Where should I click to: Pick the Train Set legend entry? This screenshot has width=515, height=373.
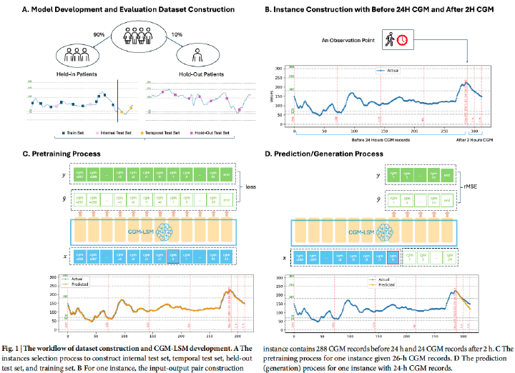click(x=72, y=133)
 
